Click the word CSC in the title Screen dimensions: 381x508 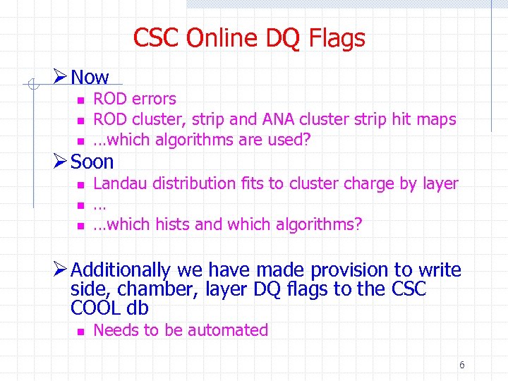coord(157,38)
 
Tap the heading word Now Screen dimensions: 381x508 coord(90,78)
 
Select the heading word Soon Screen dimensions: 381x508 coord(92,162)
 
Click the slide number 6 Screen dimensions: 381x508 coord(461,365)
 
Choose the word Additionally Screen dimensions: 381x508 coord(121,270)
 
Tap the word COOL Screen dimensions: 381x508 coord(96,308)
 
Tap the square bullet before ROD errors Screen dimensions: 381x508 coord(81,100)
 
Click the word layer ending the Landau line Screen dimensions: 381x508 coord(440,183)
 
